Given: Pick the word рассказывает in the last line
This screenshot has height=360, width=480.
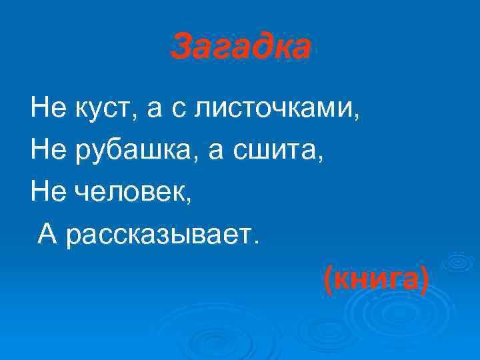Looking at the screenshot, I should pyautogui.click(x=157, y=233).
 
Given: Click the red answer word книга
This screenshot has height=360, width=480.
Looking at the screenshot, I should pyautogui.click(x=375, y=280).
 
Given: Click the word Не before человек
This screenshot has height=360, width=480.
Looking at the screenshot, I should pyautogui.click(x=45, y=192).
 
